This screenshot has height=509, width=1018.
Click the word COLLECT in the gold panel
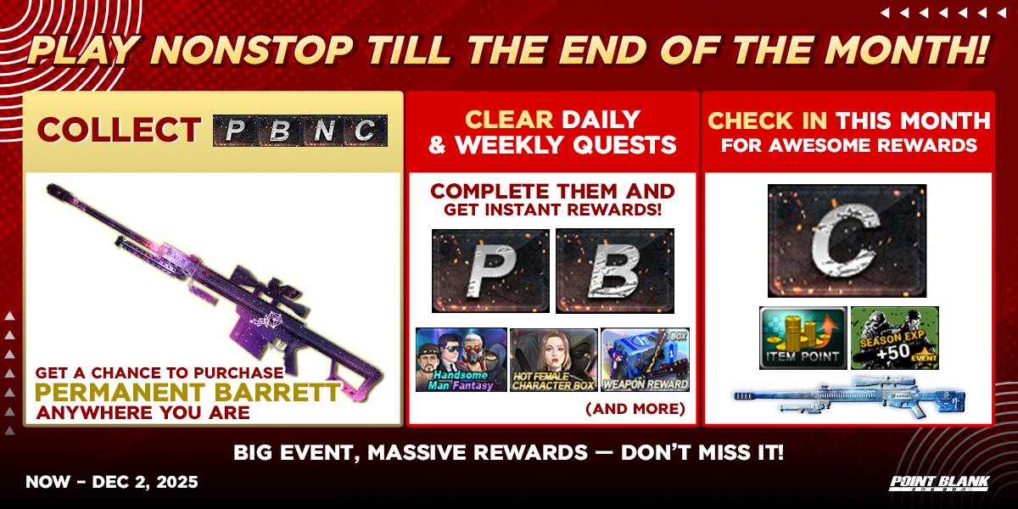point(119,130)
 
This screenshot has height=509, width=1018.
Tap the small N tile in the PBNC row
point(322,131)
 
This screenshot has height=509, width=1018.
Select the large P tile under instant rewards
point(490,271)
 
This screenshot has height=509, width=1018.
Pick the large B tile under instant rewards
point(615,271)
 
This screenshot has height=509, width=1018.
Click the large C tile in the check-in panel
point(847,240)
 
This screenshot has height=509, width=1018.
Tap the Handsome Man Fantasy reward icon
point(461,360)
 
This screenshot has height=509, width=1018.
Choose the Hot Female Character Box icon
point(553,360)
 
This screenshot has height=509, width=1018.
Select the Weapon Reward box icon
point(646,360)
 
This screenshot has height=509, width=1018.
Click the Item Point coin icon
point(803,338)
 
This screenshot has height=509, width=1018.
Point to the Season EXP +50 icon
point(895,338)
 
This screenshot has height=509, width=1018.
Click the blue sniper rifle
point(849,397)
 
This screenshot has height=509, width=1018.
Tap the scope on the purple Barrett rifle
point(272,294)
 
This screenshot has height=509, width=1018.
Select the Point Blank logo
point(939,484)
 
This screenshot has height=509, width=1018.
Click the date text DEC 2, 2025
point(145,482)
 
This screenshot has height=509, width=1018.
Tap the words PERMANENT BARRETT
point(187,392)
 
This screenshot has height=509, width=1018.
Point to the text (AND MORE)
point(635,409)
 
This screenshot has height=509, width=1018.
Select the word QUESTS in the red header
point(624,145)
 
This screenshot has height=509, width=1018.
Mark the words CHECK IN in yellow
point(768,120)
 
